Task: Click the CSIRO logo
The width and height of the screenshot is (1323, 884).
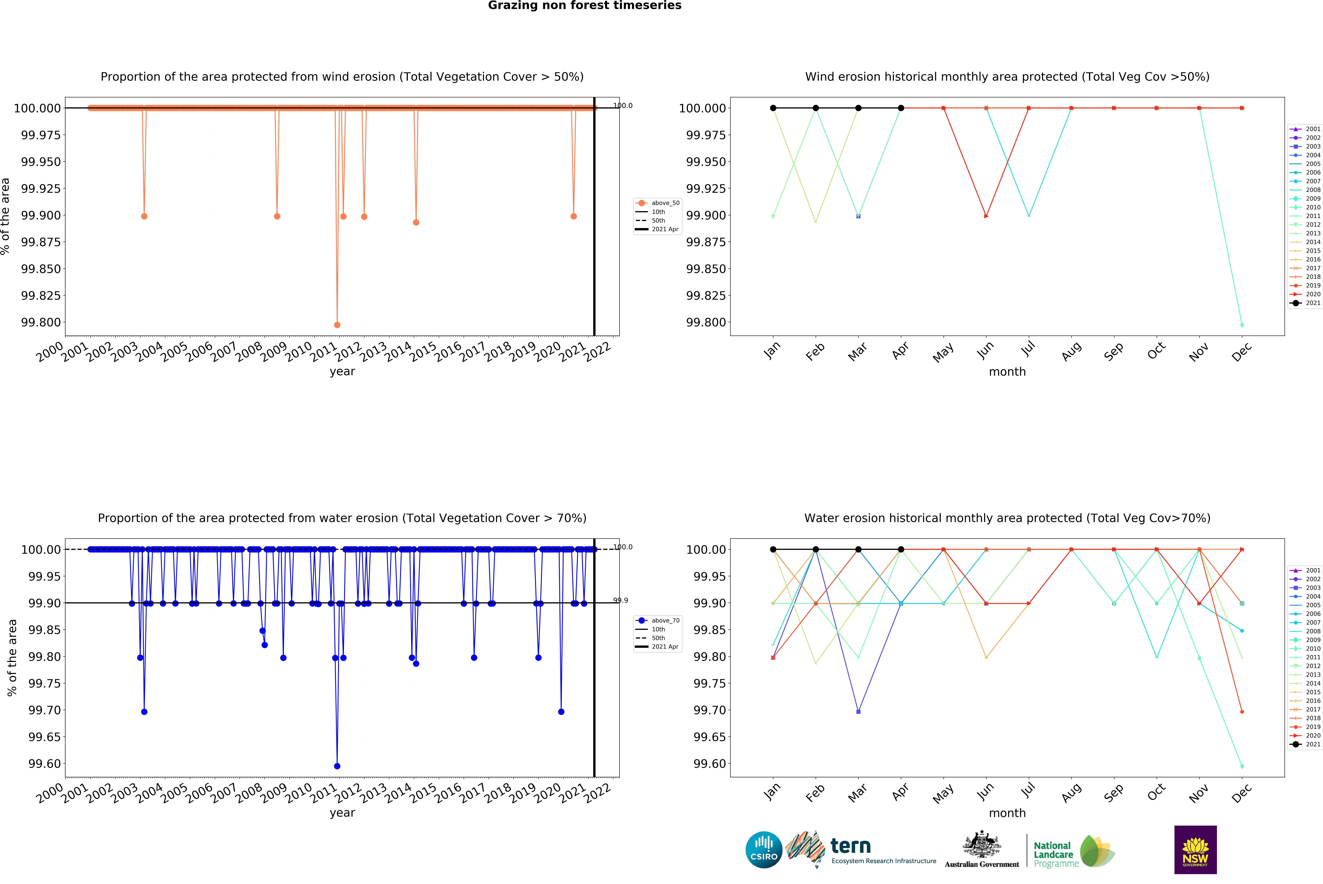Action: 764,850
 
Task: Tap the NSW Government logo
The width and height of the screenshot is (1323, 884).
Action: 1195,850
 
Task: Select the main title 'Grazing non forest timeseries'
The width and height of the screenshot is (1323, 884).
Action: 584,6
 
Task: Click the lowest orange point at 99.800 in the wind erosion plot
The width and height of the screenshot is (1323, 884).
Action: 337,325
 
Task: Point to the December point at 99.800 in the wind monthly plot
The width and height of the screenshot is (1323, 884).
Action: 1242,325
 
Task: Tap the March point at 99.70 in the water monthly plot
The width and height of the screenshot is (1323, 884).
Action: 858,711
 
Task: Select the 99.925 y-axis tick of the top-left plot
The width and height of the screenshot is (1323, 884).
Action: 41,188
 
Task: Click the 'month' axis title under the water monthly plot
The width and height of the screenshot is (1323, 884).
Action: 1007,813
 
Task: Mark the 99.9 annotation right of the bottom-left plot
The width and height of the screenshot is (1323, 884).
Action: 621,600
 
